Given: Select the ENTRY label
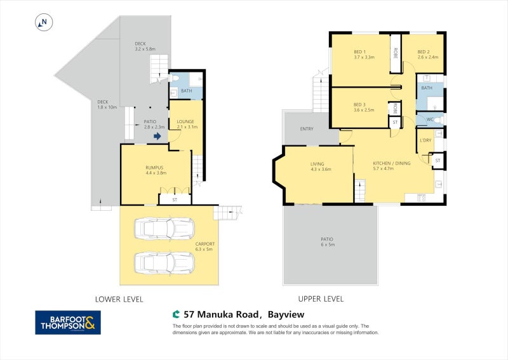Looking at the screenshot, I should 307,129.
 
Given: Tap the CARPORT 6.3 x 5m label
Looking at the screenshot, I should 205,246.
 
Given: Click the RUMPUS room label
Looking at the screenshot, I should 155,170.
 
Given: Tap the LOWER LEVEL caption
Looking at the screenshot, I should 119,298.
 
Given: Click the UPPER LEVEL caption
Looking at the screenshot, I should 321,298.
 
